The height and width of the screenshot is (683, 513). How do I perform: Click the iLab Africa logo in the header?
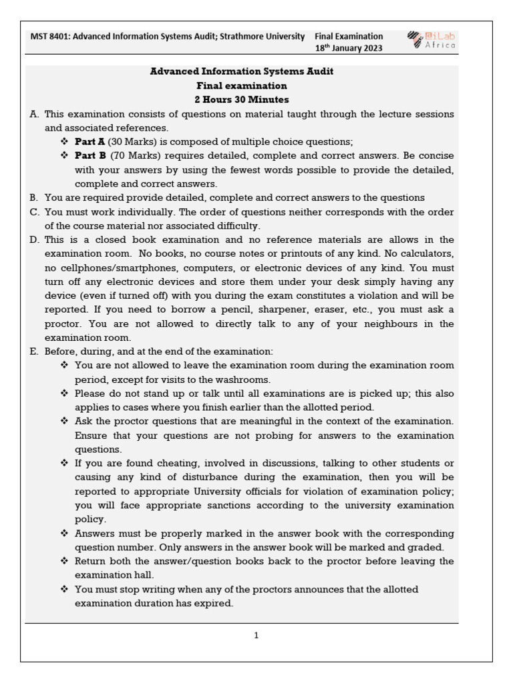pos(432,41)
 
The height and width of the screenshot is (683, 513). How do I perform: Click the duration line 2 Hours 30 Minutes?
pos(242,99)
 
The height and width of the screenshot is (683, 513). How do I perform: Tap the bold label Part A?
pos(90,141)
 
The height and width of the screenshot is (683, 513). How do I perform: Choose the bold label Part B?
pos(90,155)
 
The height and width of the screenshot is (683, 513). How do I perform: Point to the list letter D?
pos(34,239)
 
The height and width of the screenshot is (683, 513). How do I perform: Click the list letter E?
pos(33,352)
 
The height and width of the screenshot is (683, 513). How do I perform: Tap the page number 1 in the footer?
pos(256,636)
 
